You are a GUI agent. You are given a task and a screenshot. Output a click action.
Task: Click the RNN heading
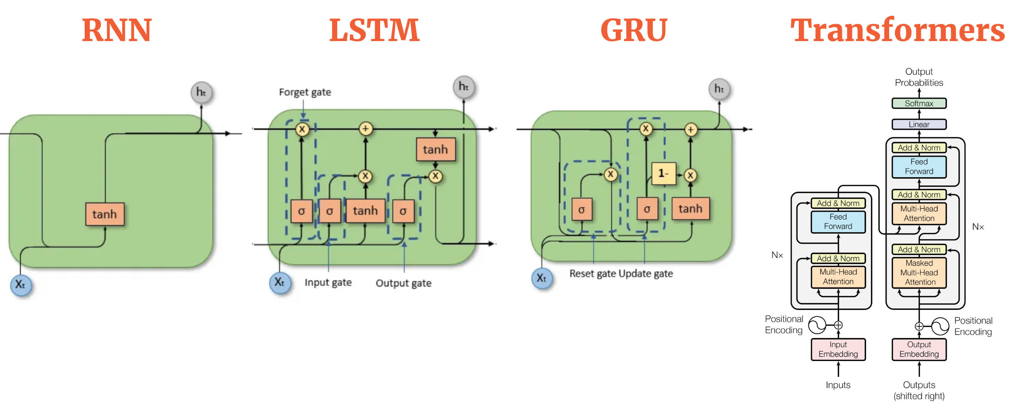pyautogui.click(x=117, y=30)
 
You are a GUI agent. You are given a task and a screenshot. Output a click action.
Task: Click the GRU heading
pyautogui.click(x=633, y=30)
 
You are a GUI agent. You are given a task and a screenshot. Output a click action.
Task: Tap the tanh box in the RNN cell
pyautogui.click(x=104, y=214)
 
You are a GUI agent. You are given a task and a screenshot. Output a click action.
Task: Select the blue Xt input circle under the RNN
pyautogui.click(x=21, y=284)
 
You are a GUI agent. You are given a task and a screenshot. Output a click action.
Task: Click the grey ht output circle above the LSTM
pyautogui.click(x=463, y=86)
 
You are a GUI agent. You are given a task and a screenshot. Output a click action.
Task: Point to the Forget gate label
pyautogui.click(x=305, y=92)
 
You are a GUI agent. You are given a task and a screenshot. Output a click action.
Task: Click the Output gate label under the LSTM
pyautogui.click(x=403, y=283)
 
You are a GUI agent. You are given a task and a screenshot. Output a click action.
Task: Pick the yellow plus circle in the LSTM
pyautogui.click(x=366, y=129)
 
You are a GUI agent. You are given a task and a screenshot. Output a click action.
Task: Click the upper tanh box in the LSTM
pyautogui.click(x=436, y=150)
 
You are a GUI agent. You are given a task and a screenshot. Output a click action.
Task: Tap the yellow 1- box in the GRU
pyautogui.click(x=663, y=173)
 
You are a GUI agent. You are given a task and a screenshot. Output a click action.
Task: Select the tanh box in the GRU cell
pyautogui.click(x=690, y=209)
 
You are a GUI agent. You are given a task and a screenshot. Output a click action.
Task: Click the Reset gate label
pyautogui.click(x=592, y=273)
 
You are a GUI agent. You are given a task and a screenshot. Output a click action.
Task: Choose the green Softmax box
pyautogui.click(x=919, y=103)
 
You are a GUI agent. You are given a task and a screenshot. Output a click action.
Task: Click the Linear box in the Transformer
pyautogui.click(x=919, y=124)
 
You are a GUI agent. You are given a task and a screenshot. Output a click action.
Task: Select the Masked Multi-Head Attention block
pyautogui.click(x=919, y=272)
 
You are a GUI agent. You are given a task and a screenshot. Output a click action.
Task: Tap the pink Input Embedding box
pyautogui.click(x=838, y=349)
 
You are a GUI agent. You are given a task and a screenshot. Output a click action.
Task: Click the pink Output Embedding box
pyautogui.click(x=919, y=349)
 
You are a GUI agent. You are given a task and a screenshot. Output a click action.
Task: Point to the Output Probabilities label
pyautogui.click(x=919, y=77)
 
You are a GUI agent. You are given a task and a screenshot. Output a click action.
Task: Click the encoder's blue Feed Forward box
pyautogui.click(x=838, y=222)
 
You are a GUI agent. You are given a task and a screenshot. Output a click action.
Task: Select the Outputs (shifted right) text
pyautogui.click(x=919, y=390)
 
